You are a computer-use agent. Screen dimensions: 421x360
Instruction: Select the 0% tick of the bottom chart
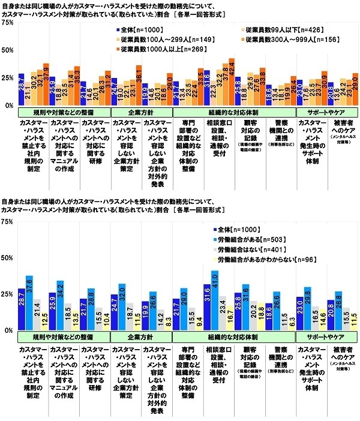(10, 330)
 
